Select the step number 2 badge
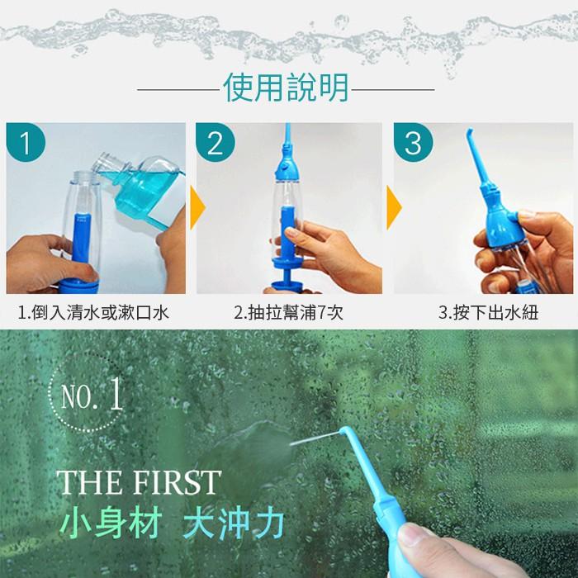(216, 144)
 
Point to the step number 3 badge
(413, 144)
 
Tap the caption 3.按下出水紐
(482, 313)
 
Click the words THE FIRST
(138, 481)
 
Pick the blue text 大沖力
(235, 523)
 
